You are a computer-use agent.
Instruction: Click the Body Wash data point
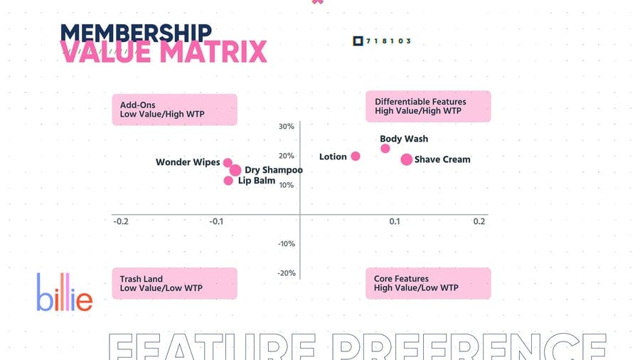(385, 149)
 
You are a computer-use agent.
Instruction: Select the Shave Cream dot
(406, 159)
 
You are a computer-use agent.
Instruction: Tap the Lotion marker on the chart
(356, 157)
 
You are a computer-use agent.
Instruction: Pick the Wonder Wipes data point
(228, 163)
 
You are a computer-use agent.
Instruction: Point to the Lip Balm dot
(228, 181)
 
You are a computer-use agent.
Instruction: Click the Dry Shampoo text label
(274, 170)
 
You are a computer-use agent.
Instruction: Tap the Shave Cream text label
(442, 159)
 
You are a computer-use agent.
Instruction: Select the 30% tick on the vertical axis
(286, 127)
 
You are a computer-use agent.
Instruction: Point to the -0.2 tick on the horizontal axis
(122, 221)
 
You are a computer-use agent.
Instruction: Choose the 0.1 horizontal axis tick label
(395, 221)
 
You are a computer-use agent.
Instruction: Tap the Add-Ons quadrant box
(174, 110)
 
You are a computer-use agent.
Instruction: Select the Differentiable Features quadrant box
(428, 106)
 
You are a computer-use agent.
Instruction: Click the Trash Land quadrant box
(174, 283)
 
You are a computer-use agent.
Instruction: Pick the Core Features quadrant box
(428, 283)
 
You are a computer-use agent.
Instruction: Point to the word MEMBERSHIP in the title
(136, 32)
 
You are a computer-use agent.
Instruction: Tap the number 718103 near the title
(388, 41)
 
